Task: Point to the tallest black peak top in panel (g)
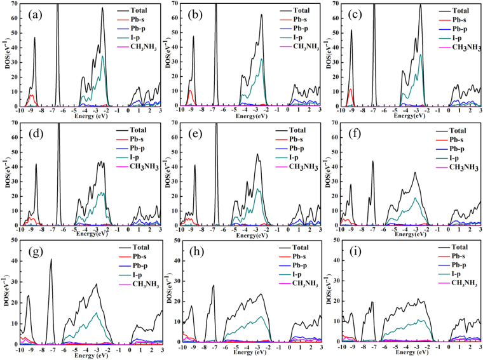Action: coord(51,259)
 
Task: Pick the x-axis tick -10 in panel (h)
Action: coord(182,350)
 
